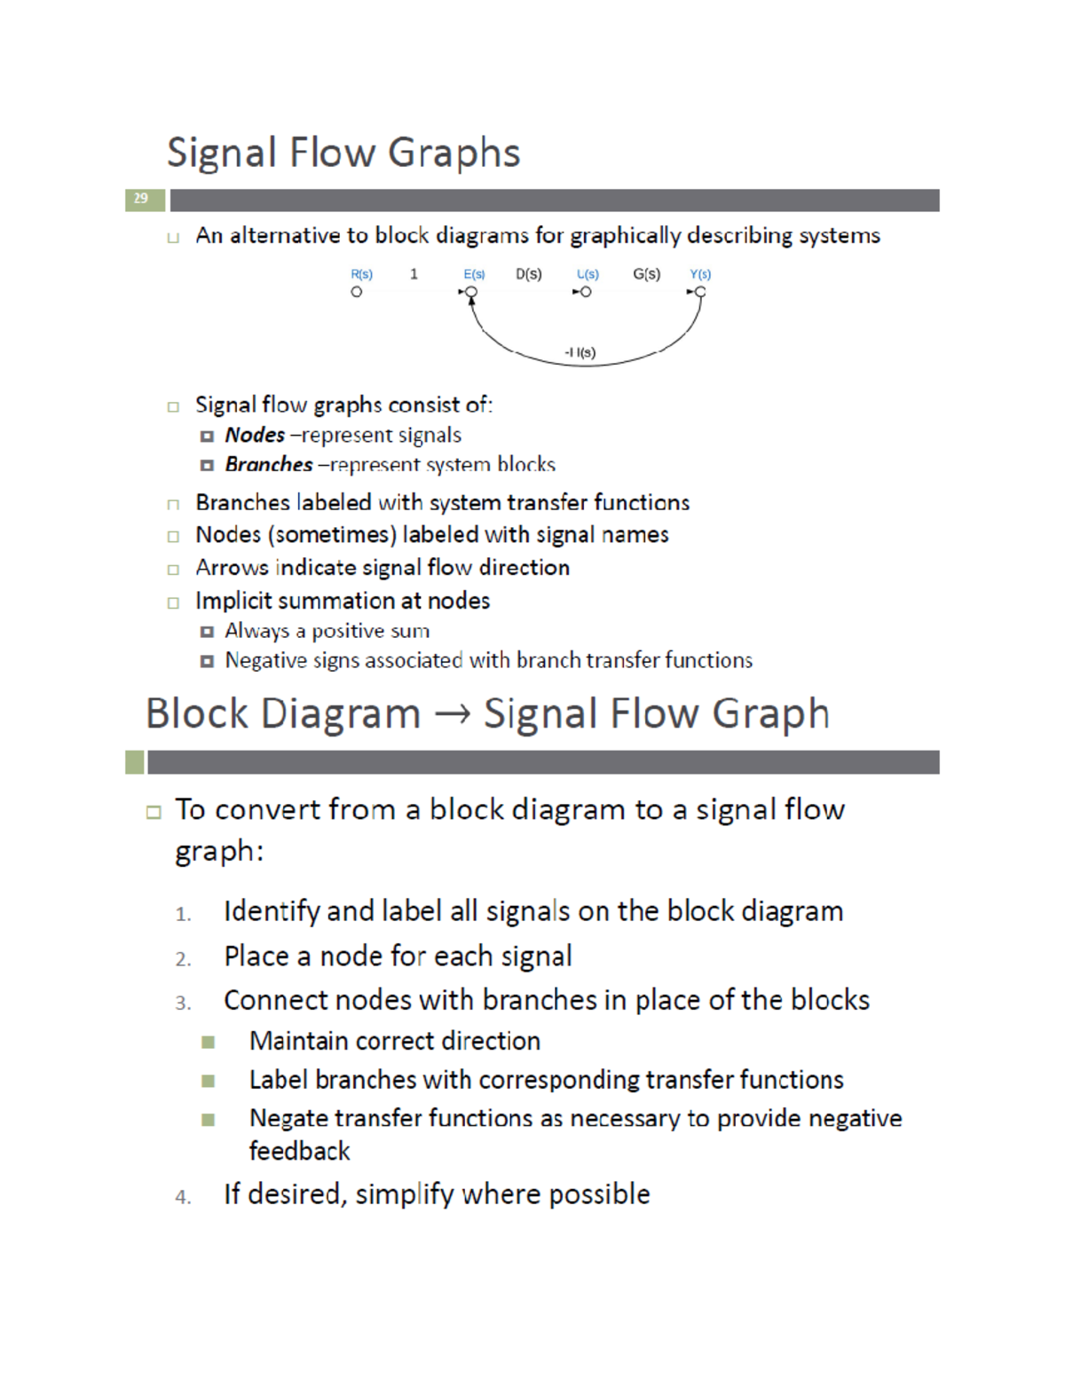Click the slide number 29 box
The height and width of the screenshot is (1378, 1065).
point(142,199)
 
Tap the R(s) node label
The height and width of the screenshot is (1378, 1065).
point(362,275)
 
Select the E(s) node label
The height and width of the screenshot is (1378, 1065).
point(475,275)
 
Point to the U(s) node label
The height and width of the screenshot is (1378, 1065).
point(588,275)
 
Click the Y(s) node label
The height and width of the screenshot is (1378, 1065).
point(700,275)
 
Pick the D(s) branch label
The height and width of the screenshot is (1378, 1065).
point(529,274)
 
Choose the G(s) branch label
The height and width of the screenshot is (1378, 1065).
point(647,274)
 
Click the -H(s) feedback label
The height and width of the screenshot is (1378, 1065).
point(580,352)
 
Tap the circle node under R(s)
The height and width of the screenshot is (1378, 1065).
point(357,292)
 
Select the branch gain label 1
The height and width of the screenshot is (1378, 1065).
point(414,274)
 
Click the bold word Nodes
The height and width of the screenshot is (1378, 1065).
point(255,435)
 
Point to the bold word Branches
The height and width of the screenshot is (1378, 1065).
point(269,464)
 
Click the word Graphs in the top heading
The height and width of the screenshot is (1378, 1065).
point(454,153)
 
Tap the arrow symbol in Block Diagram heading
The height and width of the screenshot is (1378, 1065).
point(453,714)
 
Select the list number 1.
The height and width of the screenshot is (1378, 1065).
point(183,914)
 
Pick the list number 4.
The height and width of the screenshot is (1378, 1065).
point(183,1197)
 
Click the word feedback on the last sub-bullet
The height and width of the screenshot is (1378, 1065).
point(299,1151)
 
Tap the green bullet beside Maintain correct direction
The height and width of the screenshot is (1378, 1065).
point(209,1042)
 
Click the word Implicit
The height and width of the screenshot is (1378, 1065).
point(234,601)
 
